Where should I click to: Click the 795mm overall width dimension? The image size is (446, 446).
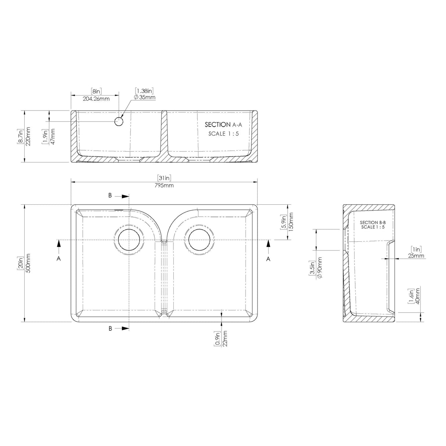(164, 186)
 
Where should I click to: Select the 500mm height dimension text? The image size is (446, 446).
(28, 263)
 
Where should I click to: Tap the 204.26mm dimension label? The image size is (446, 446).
(95, 98)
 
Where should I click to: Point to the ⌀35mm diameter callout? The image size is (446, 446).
(145, 97)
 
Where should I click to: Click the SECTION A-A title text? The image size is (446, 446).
(223, 125)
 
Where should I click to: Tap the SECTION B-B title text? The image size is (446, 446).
(373, 222)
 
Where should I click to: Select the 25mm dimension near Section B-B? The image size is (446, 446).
(416, 256)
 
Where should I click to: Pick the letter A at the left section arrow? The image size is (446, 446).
(58, 259)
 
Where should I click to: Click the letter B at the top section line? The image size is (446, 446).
(110, 196)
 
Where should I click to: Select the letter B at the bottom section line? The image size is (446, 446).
(110, 329)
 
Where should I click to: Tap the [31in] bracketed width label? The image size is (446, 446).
(164, 178)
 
